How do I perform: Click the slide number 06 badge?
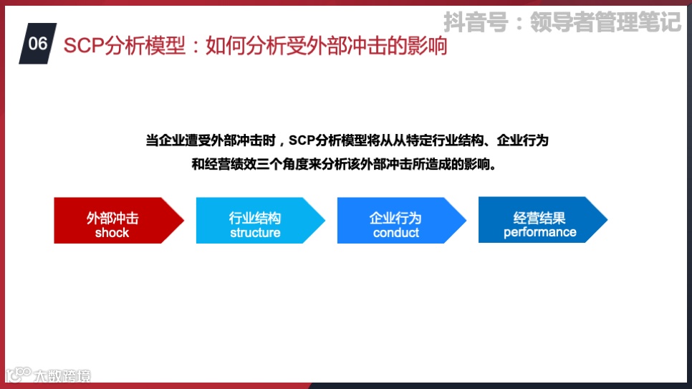(x=38, y=44)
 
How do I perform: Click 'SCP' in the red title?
(x=80, y=46)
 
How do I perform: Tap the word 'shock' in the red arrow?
(x=112, y=233)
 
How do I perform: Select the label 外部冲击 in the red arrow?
(x=112, y=218)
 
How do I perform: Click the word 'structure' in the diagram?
(x=255, y=233)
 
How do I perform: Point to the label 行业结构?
(x=255, y=218)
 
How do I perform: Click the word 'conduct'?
(x=396, y=233)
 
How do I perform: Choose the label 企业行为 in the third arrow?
(x=396, y=218)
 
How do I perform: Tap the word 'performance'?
(x=539, y=232)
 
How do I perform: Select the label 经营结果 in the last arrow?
(x=539, y=218)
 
